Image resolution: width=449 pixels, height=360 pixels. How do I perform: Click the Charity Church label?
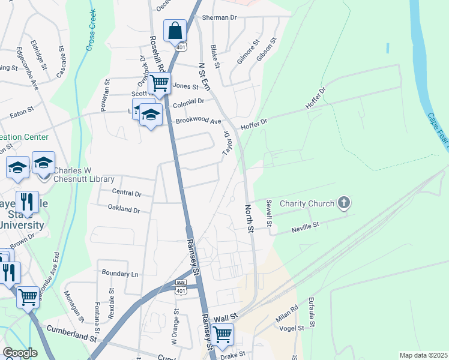point(307,203)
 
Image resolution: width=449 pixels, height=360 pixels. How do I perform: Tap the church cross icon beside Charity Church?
point(344,203)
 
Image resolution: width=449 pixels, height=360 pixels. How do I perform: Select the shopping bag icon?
point(175,30)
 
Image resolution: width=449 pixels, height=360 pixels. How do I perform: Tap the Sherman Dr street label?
point(220,18)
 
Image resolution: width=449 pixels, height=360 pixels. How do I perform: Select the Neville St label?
point(306,226)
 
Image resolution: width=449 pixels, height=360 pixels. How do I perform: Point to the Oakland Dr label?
point(124,210)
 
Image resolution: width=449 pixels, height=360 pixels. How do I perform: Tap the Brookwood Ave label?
point(198,121)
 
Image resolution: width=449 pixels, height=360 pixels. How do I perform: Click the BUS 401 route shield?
point(181,287)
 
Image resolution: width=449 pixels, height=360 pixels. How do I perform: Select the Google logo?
point(19,353)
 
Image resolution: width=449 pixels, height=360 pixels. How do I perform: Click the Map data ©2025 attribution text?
point(423,355)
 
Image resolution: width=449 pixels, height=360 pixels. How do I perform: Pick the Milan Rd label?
point(286,316)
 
